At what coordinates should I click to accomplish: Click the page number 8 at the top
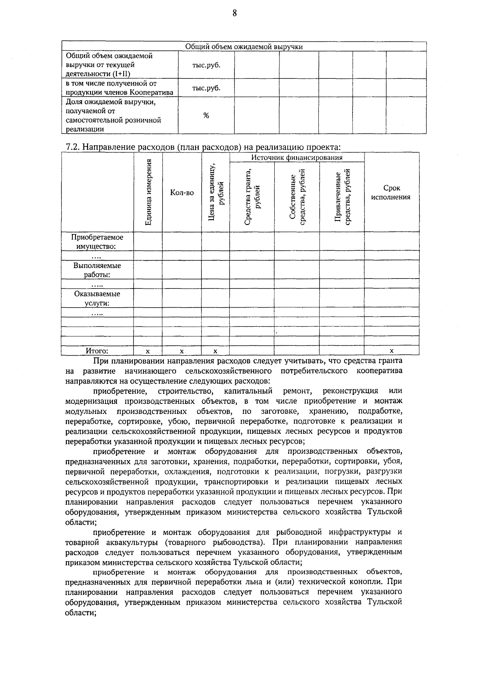(235, 14)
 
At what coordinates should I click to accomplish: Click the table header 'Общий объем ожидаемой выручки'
(244, 47)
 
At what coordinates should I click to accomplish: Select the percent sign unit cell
(206, 116)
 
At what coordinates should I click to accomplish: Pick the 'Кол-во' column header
(182, 193)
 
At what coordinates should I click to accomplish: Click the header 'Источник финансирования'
(297, 157)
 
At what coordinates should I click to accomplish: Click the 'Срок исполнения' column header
(391, 193)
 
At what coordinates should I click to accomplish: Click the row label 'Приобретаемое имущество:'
(97, 242)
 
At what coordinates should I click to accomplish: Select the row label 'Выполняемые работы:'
(97, 270)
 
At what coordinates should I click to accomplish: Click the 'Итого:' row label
(97, 351)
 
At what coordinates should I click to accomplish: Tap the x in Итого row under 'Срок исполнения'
(392, 351)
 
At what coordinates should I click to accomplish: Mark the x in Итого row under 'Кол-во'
(182, 351)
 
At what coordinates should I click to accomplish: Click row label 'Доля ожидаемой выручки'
(111, 102)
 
